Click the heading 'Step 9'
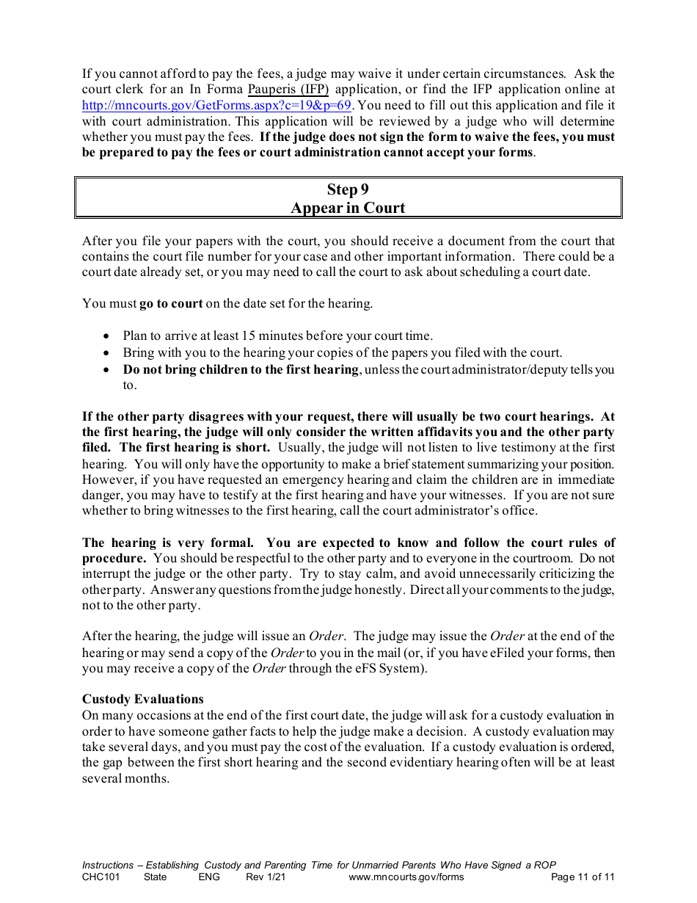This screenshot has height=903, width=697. [x=348, y=189]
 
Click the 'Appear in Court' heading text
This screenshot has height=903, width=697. [x=348, y=208]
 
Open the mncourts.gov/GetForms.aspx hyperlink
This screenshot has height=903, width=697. [x=216, y=106]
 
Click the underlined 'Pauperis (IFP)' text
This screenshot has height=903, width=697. [x=288, y=90]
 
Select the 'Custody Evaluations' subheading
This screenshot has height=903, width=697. [x=143, y=699]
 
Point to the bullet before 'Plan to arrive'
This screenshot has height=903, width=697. [x=106, y=336]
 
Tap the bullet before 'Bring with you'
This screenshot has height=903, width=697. [x=106, y=353]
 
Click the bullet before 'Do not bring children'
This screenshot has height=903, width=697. [x=106, y=370]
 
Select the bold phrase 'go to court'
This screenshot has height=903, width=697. [x=171, y=303]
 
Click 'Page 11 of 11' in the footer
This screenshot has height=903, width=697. [x=583, y=877]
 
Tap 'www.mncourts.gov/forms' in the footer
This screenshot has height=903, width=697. [x=406, y=877]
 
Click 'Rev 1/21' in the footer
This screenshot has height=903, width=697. [x=266, y=877]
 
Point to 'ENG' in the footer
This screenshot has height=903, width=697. [x=209, y=877]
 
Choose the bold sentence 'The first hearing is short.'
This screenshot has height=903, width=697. [x=194, y=448]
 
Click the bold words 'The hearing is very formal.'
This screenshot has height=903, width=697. [x=168, y=543]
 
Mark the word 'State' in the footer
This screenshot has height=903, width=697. [x=155, y=877]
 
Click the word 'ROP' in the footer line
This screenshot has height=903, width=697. [x=545, y=866]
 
